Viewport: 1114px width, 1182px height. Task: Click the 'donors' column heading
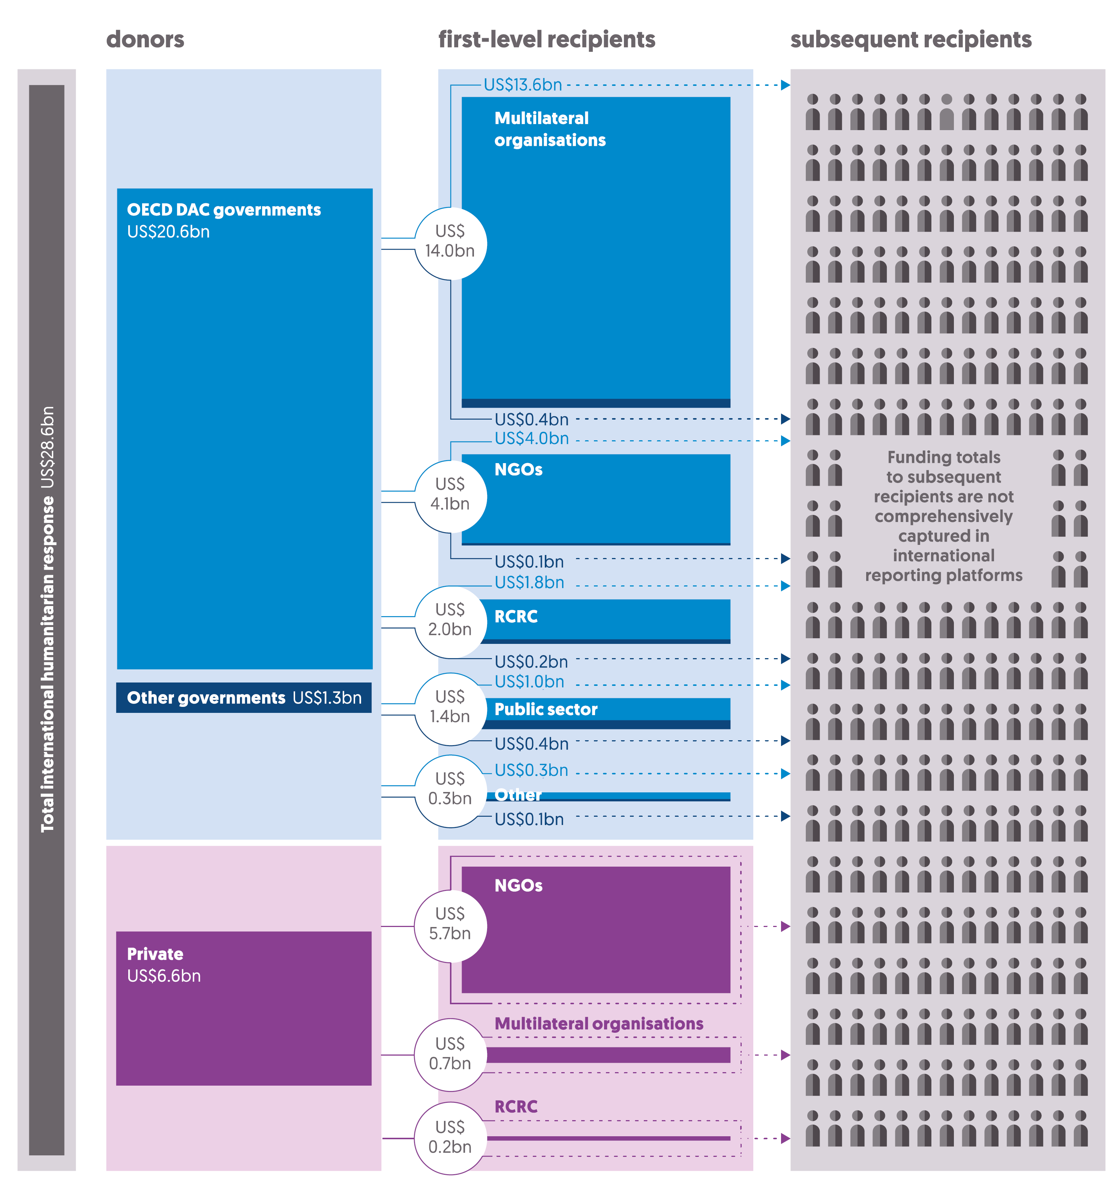point(145,40)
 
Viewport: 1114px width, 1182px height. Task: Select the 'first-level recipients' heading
point(546,40)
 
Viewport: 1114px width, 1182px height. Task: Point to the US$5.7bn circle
point(450,926)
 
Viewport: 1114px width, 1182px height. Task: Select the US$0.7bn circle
point(450,1055)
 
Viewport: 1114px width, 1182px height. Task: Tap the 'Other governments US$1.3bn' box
point(244,697)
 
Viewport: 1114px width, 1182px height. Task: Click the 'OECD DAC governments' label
point(223,210)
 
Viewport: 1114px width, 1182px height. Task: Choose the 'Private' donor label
point(155,954)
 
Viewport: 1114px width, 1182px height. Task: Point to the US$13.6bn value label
point(523,85)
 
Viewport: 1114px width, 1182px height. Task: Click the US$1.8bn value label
point(529,583)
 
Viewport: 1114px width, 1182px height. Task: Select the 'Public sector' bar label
point(546,709)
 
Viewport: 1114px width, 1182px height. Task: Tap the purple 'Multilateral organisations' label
point(598,1023)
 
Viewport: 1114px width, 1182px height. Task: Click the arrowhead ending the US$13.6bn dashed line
point(785,85)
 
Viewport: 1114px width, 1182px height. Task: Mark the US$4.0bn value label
point(531,439)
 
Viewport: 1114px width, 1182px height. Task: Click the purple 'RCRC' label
point(516,1107)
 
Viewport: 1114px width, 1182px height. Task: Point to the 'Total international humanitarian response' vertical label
point(47,618)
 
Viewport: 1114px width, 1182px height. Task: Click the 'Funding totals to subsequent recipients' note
point(943,516)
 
